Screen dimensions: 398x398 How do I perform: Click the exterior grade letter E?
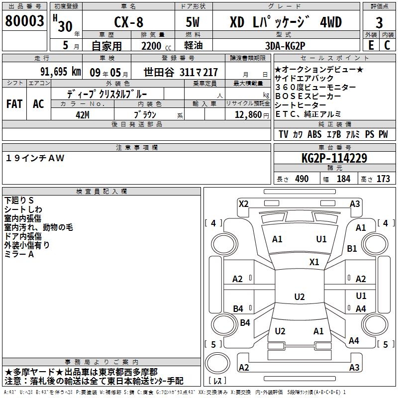click(371, 45)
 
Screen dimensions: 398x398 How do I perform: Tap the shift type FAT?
click(14, 104)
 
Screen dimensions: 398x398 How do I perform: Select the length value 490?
click(301, 179)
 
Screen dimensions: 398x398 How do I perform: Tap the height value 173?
click(384, 179)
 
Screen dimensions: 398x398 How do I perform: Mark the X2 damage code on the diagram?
click(244, 203)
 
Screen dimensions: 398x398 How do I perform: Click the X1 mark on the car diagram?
click(314, 262)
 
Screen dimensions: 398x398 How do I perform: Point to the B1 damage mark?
click(352, 248)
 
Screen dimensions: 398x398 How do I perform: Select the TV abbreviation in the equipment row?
click(283, 134)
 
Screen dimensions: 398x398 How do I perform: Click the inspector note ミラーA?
click(19, 254)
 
